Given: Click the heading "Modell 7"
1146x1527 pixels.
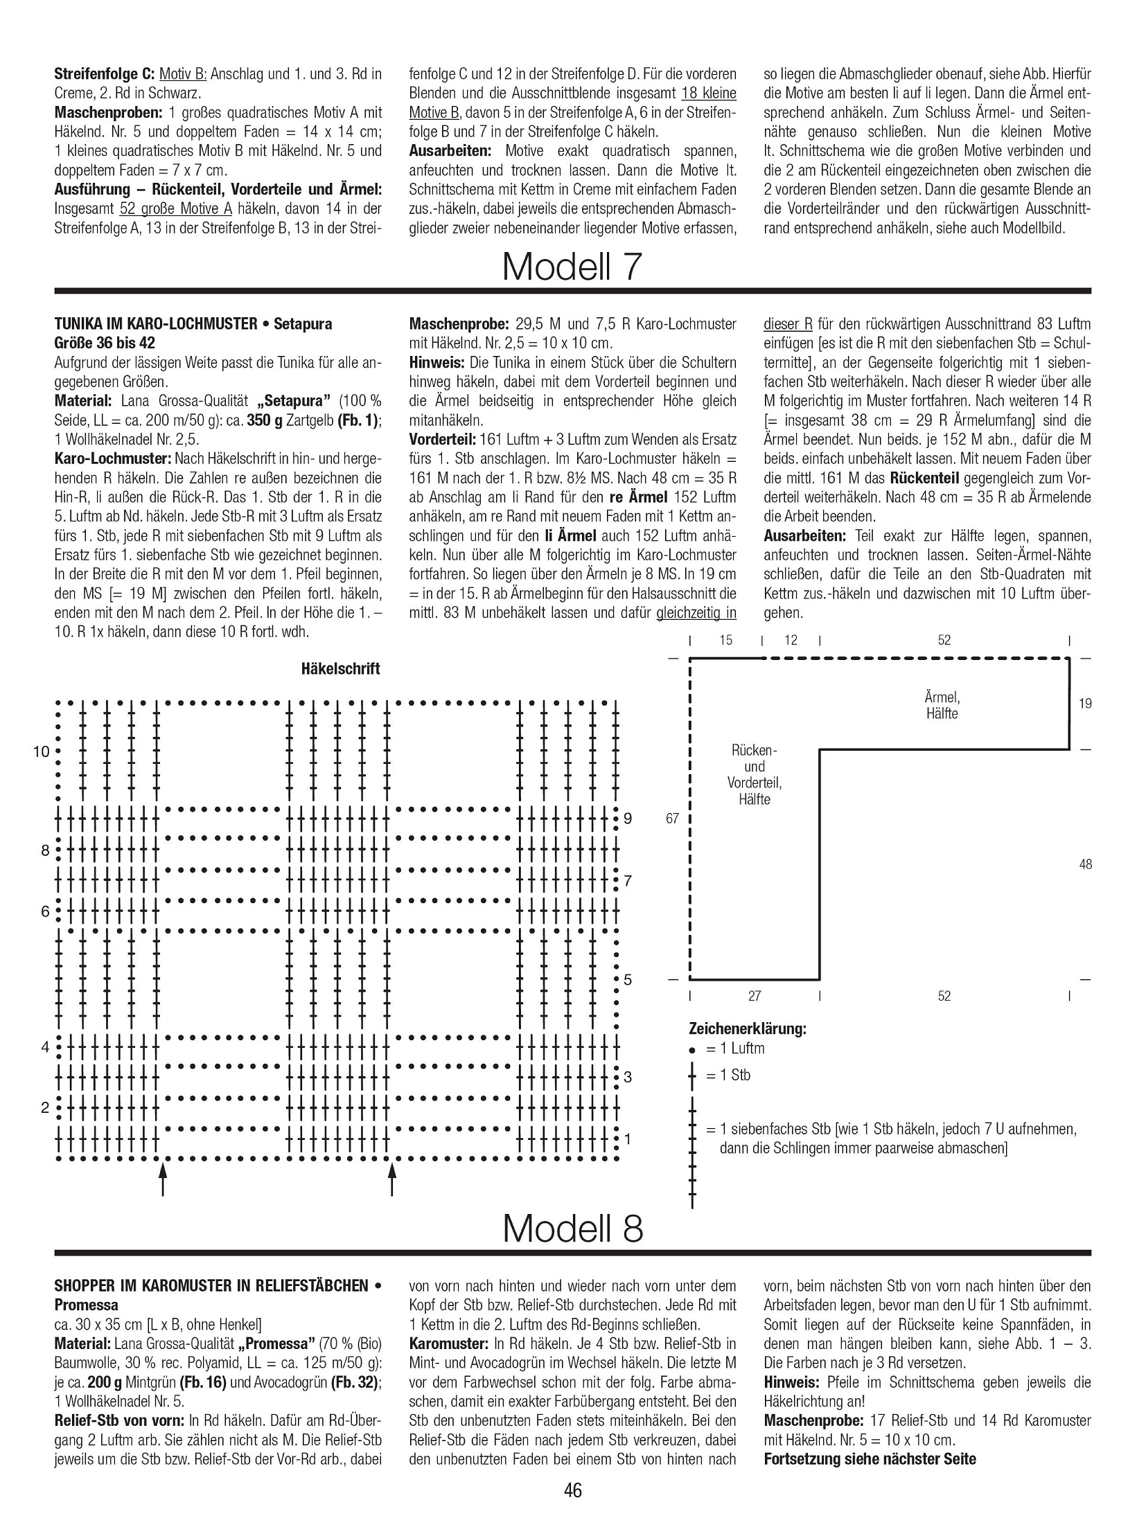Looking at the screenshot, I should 572,266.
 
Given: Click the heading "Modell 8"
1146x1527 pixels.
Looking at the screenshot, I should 572,1228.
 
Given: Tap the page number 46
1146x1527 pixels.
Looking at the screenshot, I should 573,1489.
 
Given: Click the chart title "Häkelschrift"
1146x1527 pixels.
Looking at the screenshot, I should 340,669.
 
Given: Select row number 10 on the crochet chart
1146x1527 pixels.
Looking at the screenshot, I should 42,751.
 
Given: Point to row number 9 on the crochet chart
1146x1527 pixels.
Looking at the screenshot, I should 628,819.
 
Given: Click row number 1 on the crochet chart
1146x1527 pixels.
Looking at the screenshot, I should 628,1138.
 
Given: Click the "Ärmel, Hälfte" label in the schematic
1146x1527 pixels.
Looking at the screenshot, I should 942,705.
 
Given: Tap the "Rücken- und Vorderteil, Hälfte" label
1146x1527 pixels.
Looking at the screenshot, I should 754,775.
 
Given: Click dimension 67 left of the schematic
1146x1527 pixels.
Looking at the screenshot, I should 672,819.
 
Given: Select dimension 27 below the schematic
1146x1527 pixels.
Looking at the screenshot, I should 755,996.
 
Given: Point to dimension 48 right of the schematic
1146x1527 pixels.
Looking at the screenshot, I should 1085,864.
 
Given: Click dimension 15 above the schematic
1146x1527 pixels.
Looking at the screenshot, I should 725,640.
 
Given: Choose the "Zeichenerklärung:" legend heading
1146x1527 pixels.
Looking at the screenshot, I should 748,1028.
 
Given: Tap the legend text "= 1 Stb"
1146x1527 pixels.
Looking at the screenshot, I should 728,1075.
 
